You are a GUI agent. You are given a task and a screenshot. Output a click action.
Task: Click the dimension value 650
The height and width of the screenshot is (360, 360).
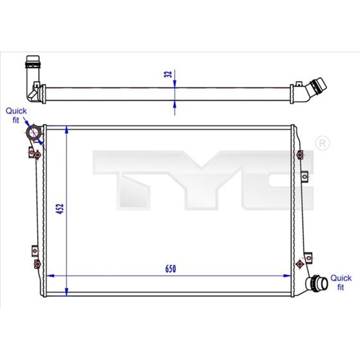[x=169, y=269]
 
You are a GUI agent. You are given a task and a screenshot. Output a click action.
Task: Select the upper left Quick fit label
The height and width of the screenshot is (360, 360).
[x=17, y=115]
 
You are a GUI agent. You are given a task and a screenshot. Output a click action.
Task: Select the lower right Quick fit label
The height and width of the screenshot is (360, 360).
[x=341, y=282]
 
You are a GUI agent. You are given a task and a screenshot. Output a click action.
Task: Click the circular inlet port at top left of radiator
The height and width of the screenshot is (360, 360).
[x=34, y=133]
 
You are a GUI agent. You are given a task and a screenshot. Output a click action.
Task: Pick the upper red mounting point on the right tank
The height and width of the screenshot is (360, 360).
[x=300, y=155]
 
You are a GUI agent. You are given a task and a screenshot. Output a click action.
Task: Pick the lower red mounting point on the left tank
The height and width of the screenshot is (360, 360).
[x=37, y=263]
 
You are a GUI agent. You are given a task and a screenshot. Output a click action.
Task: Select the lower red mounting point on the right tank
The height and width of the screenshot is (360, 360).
[x=300, y=263]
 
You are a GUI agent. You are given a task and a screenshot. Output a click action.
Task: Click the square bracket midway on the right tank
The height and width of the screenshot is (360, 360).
[x=305, y=176]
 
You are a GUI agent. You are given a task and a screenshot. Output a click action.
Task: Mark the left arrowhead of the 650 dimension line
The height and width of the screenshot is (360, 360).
[x=50, y=275]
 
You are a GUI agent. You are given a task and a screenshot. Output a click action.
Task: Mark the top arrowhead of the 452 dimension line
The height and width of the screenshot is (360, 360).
[x=67, y=130]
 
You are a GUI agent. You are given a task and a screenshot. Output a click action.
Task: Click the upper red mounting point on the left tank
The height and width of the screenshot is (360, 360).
[x=37, y=155]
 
